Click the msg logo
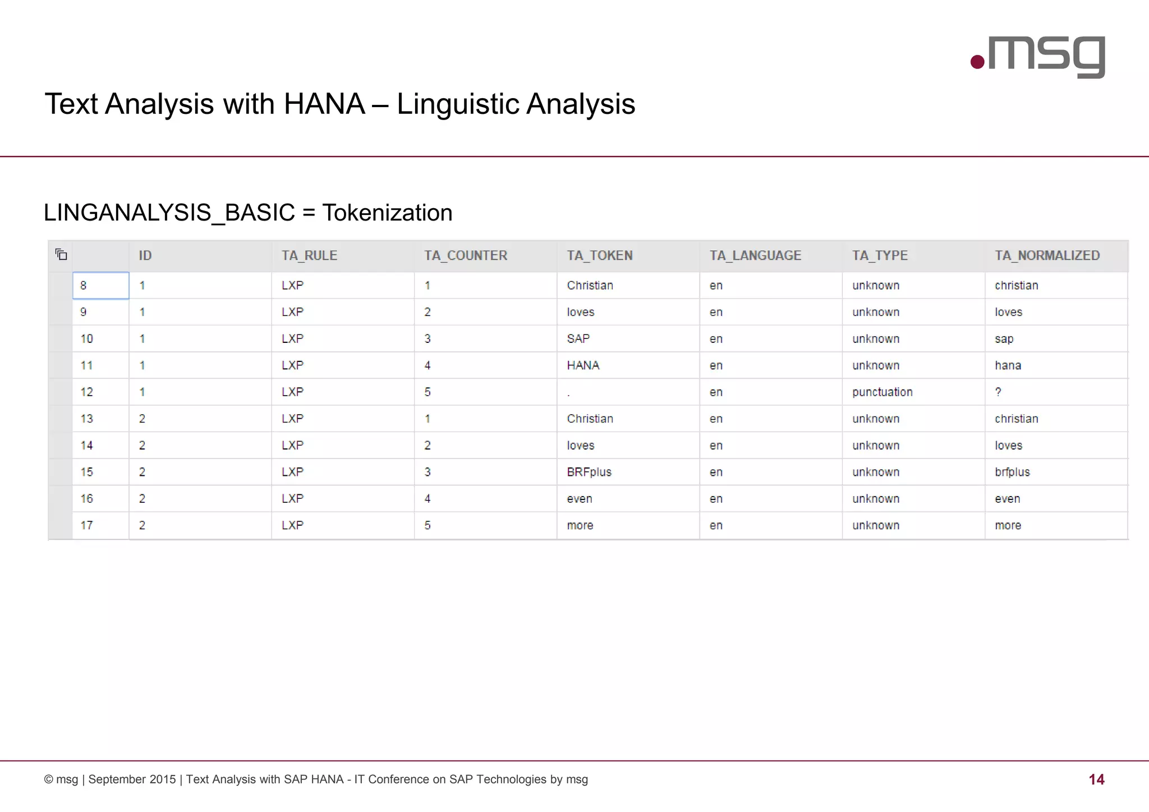[x=1038, y=57]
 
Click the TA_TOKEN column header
[x=599, y=256]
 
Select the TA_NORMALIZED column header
[x=1047, y=256]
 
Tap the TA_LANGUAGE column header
[x=755, y=256]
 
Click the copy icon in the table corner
[x=61, y=255]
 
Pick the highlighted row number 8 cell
[x=100, y=286]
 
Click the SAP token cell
[x=578, y=339]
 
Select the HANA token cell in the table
[x=583, y=366]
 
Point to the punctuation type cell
[x=882, y=392]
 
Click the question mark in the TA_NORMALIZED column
[x=998, y=392]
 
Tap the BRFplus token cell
[x=589, y=472]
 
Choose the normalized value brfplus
[x=1012, y=472]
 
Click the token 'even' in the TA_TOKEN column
[x=580, y=499]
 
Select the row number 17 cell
[x=87, y=526]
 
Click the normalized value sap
[x=1004, y=339]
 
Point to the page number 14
[x=1096, y=779]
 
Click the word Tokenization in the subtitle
[x=387, y=213]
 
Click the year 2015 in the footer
[x=163, y=779]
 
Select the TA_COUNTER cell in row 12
[x=428, y=392]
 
